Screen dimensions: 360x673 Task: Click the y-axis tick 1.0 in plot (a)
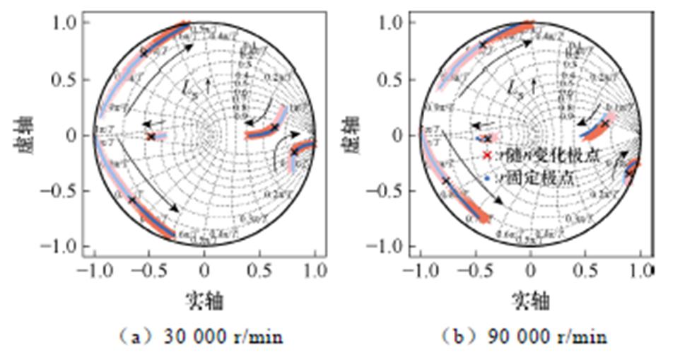coord(69,23)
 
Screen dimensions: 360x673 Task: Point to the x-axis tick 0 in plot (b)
coord(530,269)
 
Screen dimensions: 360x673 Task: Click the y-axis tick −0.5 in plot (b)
coord(390,190)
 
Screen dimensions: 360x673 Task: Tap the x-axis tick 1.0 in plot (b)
coord(641,269)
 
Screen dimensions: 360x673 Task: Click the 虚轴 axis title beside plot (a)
coord(21,134)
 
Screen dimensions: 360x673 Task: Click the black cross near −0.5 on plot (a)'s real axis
coord(151,136)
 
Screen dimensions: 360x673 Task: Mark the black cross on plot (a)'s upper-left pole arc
coord(144,52)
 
